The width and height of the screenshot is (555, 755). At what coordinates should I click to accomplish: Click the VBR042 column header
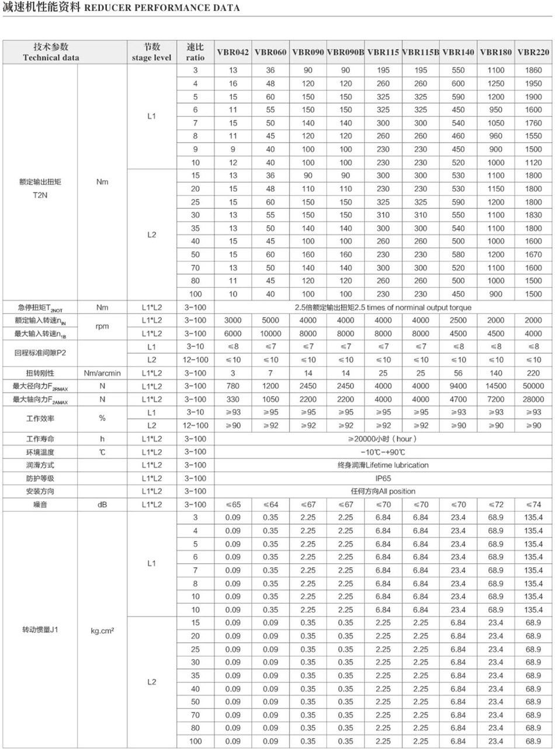point(233,52)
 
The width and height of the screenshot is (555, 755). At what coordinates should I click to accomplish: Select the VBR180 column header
point(495,52)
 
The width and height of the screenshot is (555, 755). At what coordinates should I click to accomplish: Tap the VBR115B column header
point(421,52)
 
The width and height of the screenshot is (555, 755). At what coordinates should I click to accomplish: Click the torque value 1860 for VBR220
point(533,70)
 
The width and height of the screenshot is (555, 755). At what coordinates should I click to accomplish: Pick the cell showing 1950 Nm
point(533,84)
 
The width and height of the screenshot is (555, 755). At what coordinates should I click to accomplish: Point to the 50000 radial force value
point(533,386)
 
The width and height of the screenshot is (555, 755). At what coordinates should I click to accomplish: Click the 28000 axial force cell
point(533,399)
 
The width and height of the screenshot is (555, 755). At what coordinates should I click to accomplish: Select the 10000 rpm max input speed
point(270,333)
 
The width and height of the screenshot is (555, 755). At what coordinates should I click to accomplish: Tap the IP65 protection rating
point(383,478)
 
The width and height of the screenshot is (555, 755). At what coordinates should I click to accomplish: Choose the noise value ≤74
point(533,505)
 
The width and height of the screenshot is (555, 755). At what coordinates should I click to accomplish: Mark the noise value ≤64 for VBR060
point(270,505)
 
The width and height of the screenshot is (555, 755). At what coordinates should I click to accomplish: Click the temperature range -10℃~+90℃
point(383,452)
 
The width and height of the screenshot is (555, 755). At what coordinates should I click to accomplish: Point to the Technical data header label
point(51,57)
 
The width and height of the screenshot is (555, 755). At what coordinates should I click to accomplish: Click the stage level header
point(151,57)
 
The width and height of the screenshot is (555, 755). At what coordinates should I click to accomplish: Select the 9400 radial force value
point(458,386)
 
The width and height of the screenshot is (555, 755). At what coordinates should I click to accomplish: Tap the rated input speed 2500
point(458,320)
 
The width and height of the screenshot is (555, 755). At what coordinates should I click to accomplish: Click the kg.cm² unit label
point(102,630)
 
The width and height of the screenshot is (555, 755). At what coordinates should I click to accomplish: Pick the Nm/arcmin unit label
point(102,373)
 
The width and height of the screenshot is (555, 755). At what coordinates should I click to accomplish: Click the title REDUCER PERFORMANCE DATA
point(162,8)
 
